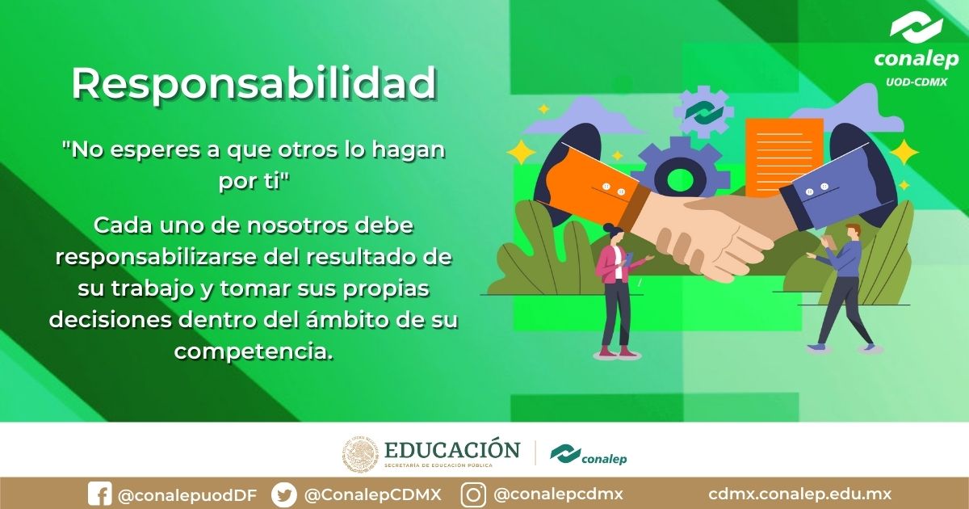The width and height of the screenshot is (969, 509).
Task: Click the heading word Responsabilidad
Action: click(254, 83)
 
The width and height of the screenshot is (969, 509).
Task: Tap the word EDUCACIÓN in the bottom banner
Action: click(452, 449)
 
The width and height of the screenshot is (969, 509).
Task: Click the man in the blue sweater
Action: click(844, 287)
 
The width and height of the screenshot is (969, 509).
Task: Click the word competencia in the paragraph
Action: click(253, 351)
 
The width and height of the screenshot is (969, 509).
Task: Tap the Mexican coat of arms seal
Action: click(360, 455)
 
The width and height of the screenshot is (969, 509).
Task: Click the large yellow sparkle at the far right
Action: click(904, 152)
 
